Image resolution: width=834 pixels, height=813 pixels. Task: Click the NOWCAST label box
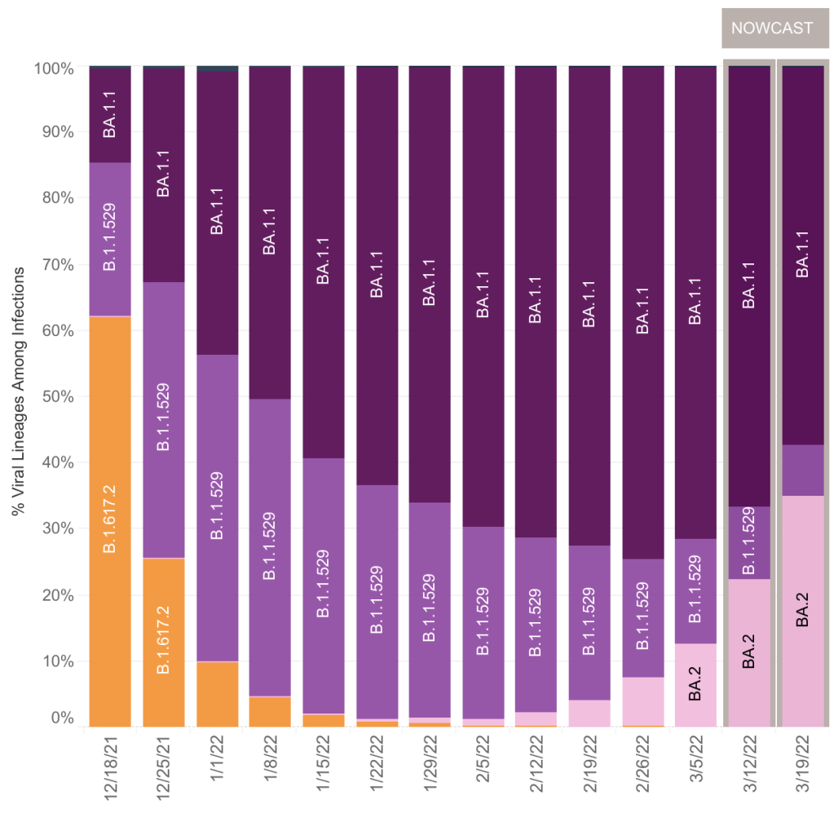(x=771, y=28)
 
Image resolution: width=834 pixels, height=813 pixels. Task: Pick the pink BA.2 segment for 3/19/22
(x=803, y=611)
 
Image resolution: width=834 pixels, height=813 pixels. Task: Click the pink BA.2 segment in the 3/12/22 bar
(x=749, y=652)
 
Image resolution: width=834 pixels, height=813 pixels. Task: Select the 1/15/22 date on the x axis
(x=325, y=762)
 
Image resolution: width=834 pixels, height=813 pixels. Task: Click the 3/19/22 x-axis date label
(x=803, y=762)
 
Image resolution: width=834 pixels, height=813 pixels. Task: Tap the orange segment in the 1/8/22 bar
(x=270, y=711)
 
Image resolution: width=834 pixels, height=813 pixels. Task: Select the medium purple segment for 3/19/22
(x=803, y=470)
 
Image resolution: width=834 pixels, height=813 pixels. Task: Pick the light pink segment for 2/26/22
(x=643, y=700)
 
